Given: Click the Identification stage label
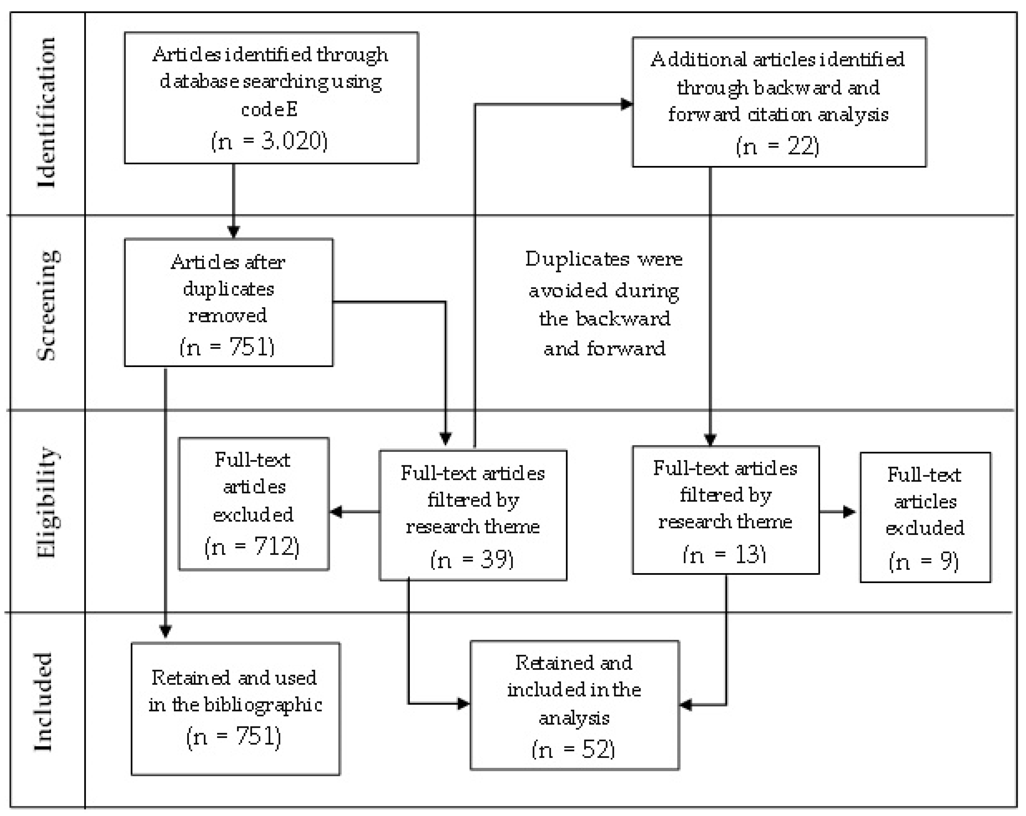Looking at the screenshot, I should pos(47,113).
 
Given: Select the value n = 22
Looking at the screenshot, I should pos(778,146).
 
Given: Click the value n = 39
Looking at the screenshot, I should pos(472,559).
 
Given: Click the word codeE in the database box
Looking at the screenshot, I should pos(269,110).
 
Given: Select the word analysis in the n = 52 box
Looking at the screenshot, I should pos(574,718).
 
